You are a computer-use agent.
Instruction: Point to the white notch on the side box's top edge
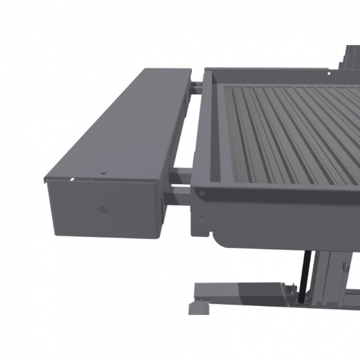click(x=71, y=179)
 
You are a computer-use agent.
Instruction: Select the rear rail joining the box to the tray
click(x=197, y=88)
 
